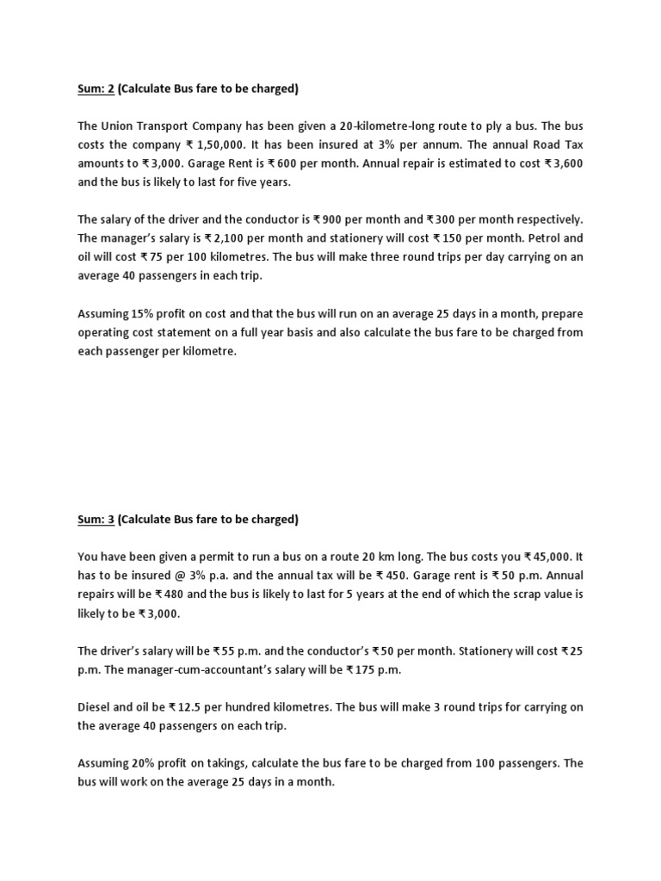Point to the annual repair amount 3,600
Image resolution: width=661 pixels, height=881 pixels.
tap(567, 163)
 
